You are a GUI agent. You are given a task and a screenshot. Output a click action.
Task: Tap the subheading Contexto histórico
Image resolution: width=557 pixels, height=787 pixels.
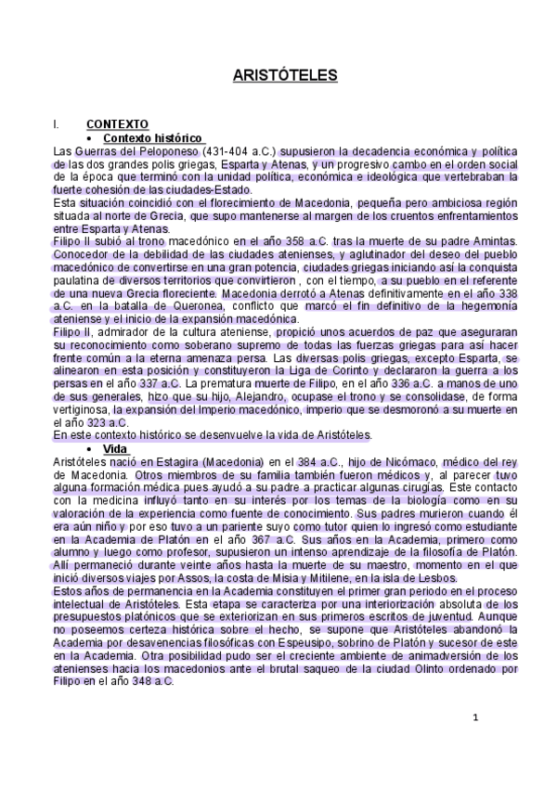coord(152,137)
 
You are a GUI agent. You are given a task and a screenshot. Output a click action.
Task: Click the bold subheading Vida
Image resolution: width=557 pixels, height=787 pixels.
coord(115,447)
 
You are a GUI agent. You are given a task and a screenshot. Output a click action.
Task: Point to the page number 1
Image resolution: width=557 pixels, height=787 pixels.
coord(475,717)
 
